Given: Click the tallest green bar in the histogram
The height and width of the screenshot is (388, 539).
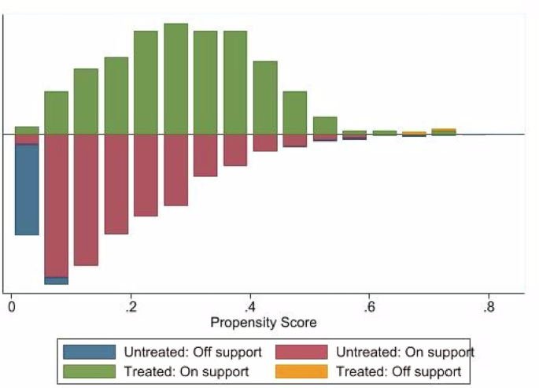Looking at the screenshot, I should pyautogui.click(x=175, y=79).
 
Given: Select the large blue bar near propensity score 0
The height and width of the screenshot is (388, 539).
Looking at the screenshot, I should pyautogui.click(x=27, y=189).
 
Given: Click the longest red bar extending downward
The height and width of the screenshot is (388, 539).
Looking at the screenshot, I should pyautogui.click(x=56, y=205).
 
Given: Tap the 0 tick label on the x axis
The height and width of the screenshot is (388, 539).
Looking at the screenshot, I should pyautogui.click(x=11, y=307).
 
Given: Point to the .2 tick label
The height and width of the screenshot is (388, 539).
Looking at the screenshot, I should pyautogui.click(x=131, y=307).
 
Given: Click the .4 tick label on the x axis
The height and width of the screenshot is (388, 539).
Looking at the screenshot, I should pyautogui.click(x=249, y=307).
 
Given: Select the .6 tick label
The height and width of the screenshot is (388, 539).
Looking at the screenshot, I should pyautogui.click(x=368, y=307).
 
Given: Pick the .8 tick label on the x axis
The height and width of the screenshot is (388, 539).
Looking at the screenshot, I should pyautogui.click(x=488, y=307).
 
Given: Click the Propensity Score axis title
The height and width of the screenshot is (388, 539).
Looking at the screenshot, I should pyautogui.click(x=264, y=323).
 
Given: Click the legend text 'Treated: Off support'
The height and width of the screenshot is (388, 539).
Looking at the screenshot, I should pyautogui.click(x=398, y=371).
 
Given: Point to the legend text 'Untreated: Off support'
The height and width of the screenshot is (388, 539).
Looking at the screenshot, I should pyautogui.click(x=188, y=353).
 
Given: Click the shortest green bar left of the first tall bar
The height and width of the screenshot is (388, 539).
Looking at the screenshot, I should pyautogui.click(x=27, y=130).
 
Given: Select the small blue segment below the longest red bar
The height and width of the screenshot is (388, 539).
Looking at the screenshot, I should pyautogui.click(x=56, y=280).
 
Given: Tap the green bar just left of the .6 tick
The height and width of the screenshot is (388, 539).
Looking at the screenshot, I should pyautogui.click(x=354, y=132).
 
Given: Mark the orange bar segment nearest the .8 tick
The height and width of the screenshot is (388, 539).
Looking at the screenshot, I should pyautogui.click(x=444, y=130).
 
